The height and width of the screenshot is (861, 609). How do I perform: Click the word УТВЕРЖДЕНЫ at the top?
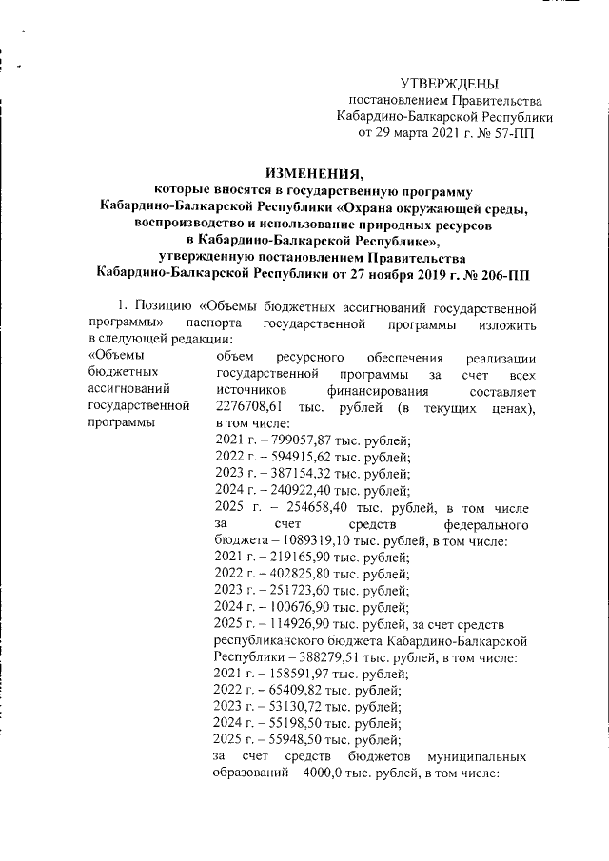click(x=448, y=86)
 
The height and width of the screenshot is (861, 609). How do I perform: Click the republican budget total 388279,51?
click(x=324, y=656)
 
